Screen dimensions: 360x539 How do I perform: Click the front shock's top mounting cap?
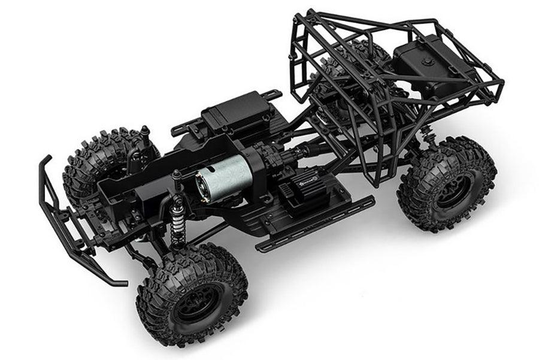(x=177, y=176)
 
